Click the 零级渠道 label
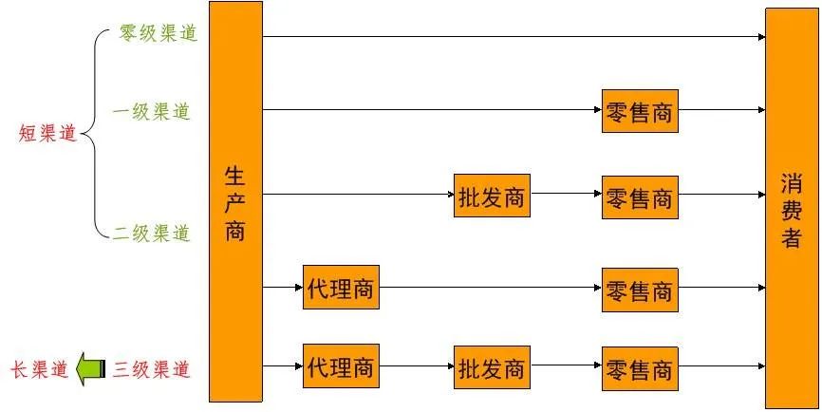click(x=158, y=32)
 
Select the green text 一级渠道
click(x=151, y=112)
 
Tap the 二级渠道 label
click(x=152, y=233)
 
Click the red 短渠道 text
click(x=47, y=134)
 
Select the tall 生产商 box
click(x=235, y=201)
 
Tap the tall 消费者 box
click(x=792, y=209)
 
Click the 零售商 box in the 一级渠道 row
click(x=640, y=112)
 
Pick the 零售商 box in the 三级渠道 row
click(x=640, y=367)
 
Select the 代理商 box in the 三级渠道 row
click(x=341, y=365)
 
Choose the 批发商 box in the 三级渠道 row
click(x=491, y=367)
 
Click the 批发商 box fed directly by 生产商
click(x=491, y=197)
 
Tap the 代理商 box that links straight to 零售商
click(x=341, y=288)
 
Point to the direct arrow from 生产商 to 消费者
click(x=513, y=37)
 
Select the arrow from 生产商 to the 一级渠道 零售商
click(x=432, y=110)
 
